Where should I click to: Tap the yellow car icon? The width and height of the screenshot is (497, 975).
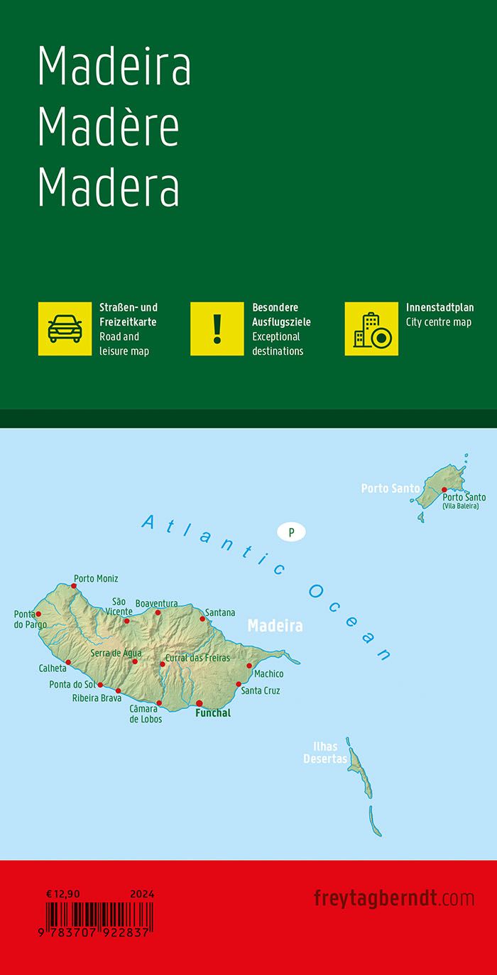coord(65,329)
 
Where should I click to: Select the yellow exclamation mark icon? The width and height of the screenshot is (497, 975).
coord(217,329)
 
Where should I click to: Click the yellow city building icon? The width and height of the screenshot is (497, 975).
coord(371,329)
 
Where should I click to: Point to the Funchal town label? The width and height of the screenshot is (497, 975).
coord(213,713)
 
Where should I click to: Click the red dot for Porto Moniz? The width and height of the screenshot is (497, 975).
coord(73,586)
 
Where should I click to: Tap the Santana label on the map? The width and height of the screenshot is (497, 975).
coord(219,612)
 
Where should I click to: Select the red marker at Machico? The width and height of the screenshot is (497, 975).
coord(249,666)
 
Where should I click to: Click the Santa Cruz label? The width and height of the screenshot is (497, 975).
coord(261,690)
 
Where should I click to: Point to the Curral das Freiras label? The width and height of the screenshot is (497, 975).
coord(197,658)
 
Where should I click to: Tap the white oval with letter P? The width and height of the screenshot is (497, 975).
coord(291,531)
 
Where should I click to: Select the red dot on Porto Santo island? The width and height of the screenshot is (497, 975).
coord(444,490)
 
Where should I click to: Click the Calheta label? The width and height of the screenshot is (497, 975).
coord(53,668)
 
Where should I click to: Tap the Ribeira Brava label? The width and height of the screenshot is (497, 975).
coord(97,698)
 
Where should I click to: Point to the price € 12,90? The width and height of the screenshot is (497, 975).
coord(62,894)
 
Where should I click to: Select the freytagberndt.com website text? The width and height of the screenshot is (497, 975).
coord(393,898)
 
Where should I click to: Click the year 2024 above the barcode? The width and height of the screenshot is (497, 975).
coord(142,894)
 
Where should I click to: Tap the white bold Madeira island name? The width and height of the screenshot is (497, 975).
coord(275,626)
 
